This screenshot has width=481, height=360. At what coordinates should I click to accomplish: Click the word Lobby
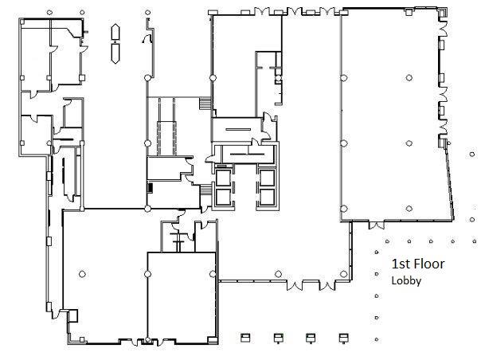click(x=406, y=281)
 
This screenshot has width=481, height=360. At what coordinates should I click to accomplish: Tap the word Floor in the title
click(x=429, y=264)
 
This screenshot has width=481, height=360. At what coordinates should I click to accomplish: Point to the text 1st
click(x=401, y=264)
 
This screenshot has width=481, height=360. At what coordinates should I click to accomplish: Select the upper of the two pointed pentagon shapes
click(x=115, y=32)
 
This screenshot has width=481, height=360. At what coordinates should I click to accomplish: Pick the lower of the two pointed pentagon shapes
click(x=115, y=53)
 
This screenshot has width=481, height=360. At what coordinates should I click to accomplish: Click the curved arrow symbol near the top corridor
click(x=147, y=38)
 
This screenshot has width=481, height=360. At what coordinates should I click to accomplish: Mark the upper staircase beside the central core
click(x=205, y=104)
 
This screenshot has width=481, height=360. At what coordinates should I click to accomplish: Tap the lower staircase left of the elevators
click(x=205, y=190)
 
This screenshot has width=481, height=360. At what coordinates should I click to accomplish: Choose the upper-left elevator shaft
click(x=223, y=177)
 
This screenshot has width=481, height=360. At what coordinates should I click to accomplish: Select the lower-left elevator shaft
click(x=223, y=197)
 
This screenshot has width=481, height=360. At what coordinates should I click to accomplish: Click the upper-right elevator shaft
click(x=268, y=177)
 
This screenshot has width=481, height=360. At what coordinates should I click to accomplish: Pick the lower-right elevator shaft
click(x=268, y=197)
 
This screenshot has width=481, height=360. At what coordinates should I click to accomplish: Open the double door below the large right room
click(x=376, y=225)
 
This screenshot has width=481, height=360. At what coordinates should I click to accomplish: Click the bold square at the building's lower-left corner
click(x=72, y=315)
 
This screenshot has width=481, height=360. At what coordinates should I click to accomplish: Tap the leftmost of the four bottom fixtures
click(x=245, y=338)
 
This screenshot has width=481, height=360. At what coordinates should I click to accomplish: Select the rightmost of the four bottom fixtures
click(x=343, y=338)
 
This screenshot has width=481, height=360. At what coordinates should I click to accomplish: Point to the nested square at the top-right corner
click(x=442, y=14)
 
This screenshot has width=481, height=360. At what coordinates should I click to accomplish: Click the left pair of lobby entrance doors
click(x=295, y=286)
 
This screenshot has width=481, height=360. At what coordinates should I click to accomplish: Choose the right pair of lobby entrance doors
click(x=327, y=286)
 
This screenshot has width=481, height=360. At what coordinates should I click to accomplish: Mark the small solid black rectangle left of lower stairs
click(x=151, y=187)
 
